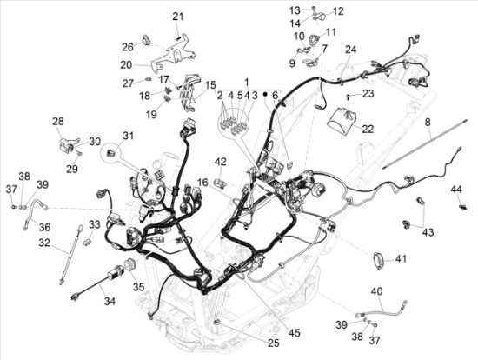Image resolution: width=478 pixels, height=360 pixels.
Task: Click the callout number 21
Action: pos(178,17)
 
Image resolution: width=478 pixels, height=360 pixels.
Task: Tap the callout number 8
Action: pos(428,123)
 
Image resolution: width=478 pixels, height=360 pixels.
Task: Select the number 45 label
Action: pos(295,333)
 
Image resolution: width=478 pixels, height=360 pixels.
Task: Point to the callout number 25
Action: pos(274,343)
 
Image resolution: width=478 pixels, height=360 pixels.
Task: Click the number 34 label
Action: pos(110,302)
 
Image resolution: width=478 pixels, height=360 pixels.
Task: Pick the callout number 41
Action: pos(401,259)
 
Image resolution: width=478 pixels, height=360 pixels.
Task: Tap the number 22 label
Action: pos(368,129)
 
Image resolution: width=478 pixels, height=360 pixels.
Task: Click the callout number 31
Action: pos(128,136)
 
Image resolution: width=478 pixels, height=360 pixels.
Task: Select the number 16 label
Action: pos(202,183)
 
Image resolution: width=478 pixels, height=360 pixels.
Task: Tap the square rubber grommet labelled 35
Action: pos(129,264)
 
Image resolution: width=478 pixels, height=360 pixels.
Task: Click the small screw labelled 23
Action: pos(348,97)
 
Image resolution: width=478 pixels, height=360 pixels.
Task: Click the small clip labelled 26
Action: pos(146,41)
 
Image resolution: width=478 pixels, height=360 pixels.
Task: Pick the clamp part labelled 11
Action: pos(314,40)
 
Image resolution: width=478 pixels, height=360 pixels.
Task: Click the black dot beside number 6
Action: pos(265,95)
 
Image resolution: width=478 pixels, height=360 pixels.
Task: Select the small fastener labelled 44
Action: pos(462,207)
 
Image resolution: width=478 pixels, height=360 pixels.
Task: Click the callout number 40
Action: pos(376,291)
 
